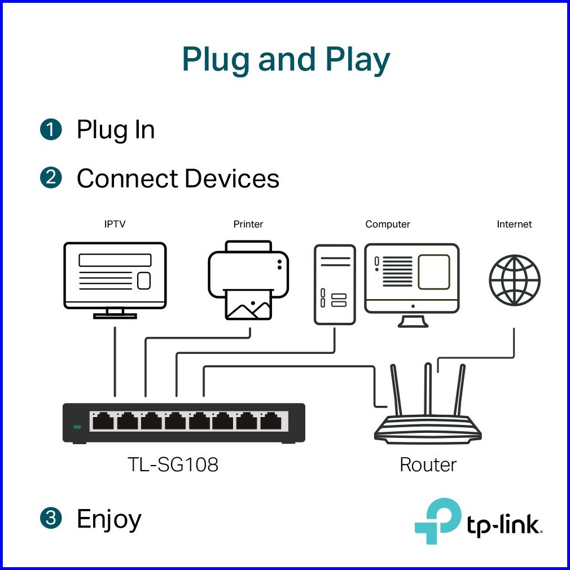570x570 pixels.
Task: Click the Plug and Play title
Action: (x=286, y=60)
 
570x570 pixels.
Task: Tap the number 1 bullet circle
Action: (x=51, y=130)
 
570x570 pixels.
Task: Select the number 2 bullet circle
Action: (x=51, y=178)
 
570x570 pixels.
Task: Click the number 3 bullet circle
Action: (x=51, y=519)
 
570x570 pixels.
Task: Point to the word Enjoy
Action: (x=109, y=519)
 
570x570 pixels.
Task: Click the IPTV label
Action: (x=115, y=224)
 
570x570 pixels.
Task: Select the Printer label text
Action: (x=248, y=224)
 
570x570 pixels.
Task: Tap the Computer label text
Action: (x=388, y=224)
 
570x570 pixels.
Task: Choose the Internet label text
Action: (x=514, y=224)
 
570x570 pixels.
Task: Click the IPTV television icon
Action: (x=115, y=279)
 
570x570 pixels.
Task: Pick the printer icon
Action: (x=248, y=279)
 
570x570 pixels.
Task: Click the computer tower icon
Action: (x=335, y=284)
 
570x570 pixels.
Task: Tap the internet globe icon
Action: (x=514, y=280)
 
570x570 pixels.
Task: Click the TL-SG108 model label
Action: (x=173, y=464)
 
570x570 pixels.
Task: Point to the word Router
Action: (x=428, y=464)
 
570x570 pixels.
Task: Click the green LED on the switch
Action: (x=77, y=426)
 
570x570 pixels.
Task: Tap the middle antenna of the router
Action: (x=427, y=389)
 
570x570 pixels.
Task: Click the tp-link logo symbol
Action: (x=437, y=520)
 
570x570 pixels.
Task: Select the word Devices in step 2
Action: (x=232, y=178)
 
